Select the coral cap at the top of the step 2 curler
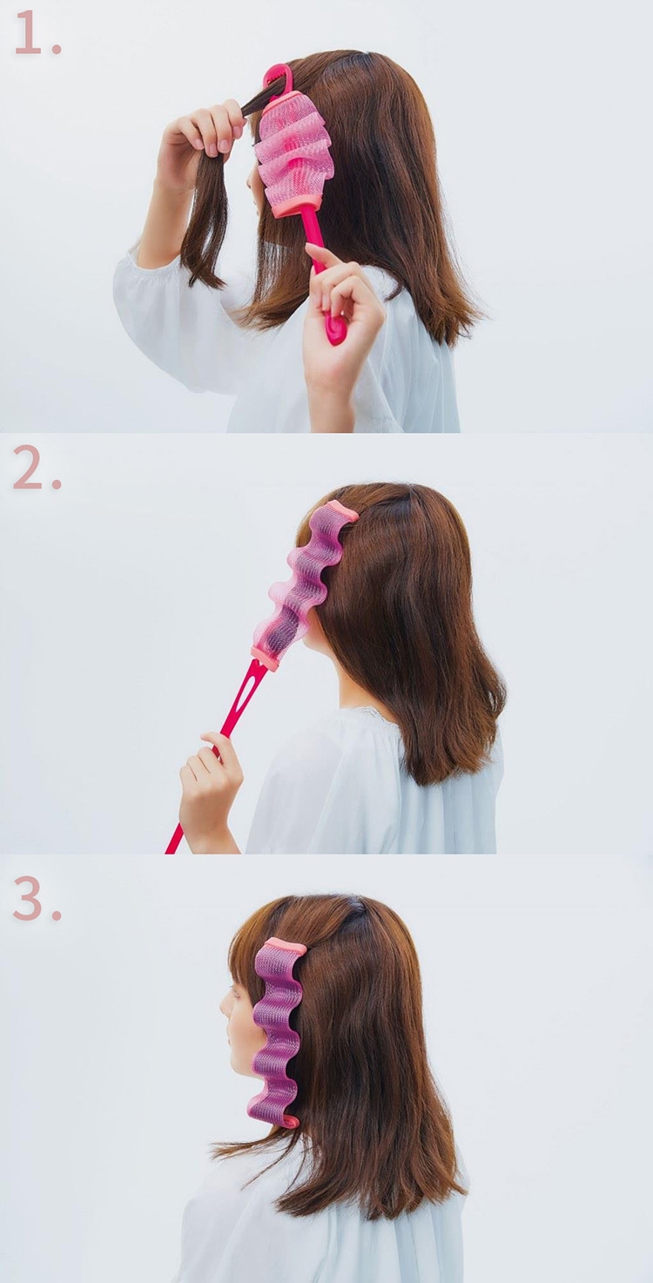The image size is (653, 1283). point(341,510)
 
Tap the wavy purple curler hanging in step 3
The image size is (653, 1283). point(275,1031)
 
